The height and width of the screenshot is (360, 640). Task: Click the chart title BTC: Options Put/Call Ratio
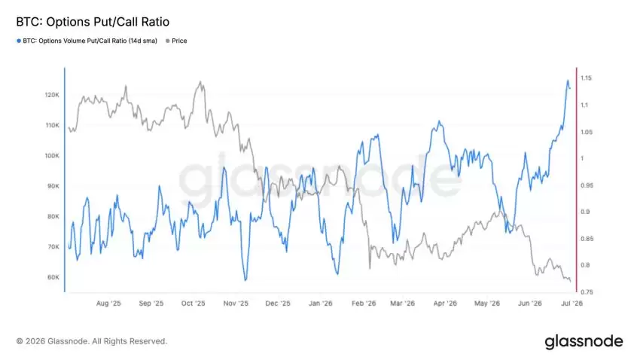coord(93,22)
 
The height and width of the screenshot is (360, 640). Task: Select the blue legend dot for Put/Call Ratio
coord(19,41)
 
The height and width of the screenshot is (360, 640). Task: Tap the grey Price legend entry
coord(176,41)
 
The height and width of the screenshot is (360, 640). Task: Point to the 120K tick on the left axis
coord(52,95)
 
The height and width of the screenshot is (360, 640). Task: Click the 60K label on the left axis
coord(53,277)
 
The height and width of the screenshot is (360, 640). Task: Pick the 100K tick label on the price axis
coord(52,155)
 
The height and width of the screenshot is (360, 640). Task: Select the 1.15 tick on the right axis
coord(586,78)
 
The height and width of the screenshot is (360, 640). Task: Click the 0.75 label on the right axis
coord(587,292)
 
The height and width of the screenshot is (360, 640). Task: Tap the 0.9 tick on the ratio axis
coord(585,212)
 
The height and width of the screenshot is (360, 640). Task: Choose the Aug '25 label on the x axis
coord(108,304)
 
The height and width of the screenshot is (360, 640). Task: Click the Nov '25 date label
coord(236,304)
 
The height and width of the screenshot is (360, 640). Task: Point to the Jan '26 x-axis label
coord(321,304)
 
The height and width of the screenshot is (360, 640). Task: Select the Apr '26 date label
coord(445,304)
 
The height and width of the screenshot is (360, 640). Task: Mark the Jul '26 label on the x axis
coord(571,304)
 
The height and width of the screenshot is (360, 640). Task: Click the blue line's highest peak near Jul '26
coord(568,81)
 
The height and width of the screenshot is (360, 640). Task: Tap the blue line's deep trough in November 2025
coord(245,280)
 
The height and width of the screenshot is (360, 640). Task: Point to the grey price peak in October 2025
coord(200,81)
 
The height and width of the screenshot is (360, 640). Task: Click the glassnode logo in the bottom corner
coord(584,342)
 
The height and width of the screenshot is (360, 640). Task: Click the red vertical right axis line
coord(576,180)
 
